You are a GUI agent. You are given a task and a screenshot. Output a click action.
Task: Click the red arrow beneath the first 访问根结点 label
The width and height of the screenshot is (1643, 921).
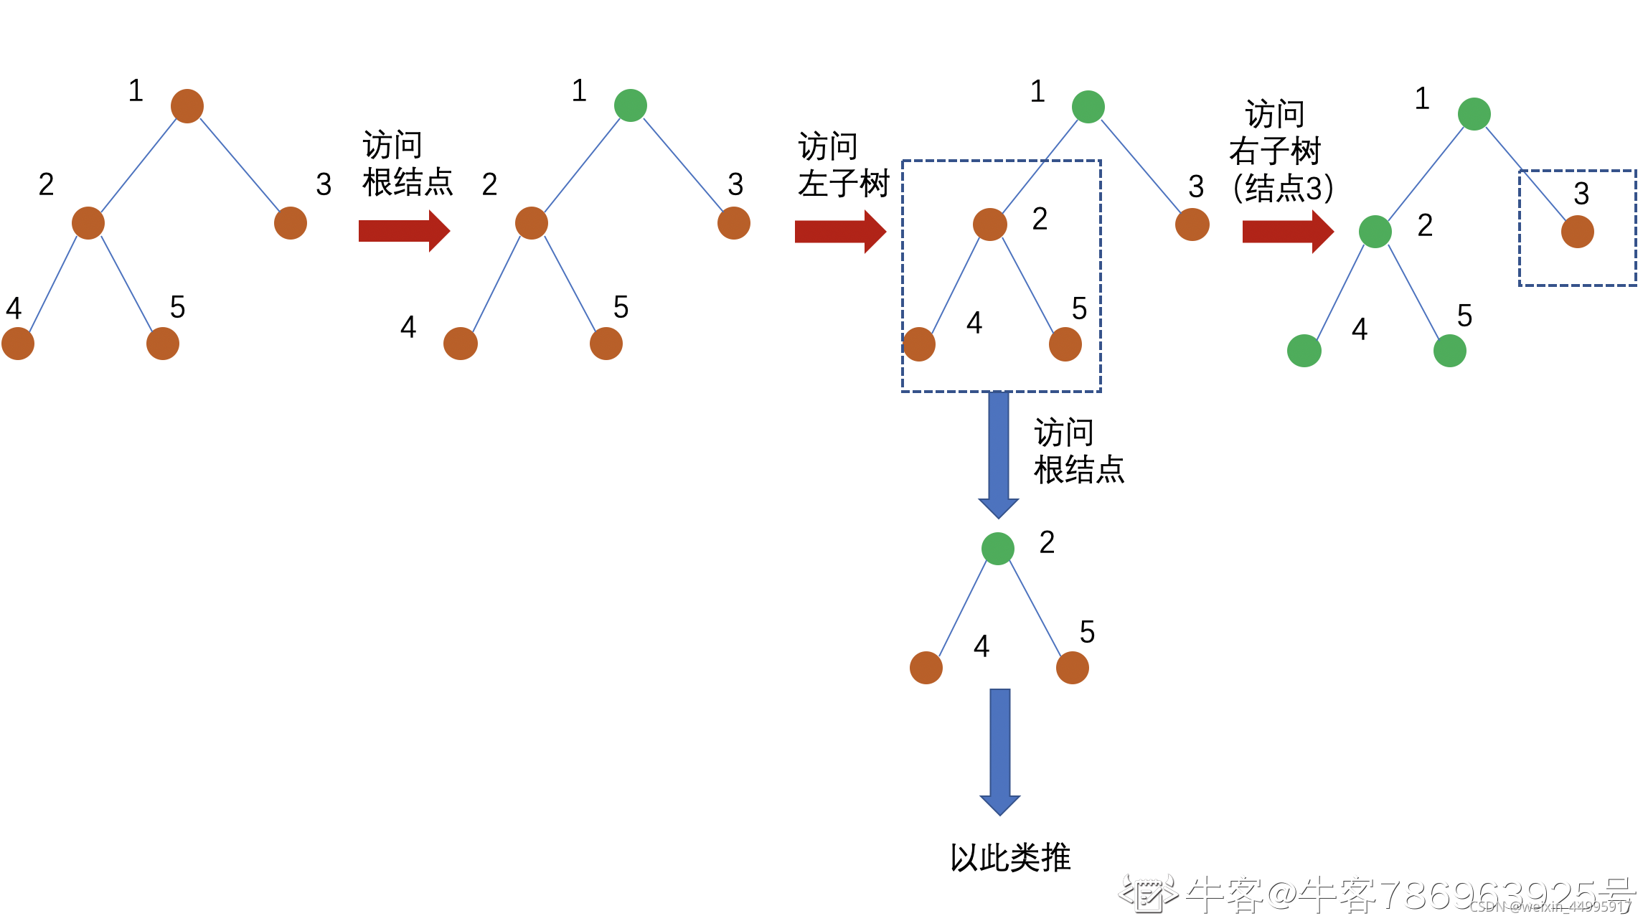tap(404, 231)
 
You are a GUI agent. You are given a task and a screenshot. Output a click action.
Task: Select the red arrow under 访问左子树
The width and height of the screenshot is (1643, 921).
tap(840, 232)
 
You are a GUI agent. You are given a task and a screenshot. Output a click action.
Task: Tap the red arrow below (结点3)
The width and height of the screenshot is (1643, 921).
tap(1287, 232)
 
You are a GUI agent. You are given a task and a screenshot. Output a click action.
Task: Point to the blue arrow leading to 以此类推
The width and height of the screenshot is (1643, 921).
tap(1000, 750)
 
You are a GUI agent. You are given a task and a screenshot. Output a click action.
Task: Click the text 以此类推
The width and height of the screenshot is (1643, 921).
tap(1010, 858)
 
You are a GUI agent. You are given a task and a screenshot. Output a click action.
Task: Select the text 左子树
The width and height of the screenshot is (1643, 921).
tap(844, 184)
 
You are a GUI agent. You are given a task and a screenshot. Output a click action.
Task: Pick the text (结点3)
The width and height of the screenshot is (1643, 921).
tap(1283, 189)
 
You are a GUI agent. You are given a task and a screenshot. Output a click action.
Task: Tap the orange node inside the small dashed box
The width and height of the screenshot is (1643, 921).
tap(1578, 232)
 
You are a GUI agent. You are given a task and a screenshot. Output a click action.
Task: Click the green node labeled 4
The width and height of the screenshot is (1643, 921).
tap(1304, 351)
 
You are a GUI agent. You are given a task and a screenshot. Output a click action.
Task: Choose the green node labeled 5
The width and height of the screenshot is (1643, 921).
tap(1450, 351)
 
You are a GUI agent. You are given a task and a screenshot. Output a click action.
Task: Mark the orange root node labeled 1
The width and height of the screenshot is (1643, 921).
tap(187, 106)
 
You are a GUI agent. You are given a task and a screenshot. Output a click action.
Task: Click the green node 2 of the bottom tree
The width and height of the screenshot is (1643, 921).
tap(998, 549)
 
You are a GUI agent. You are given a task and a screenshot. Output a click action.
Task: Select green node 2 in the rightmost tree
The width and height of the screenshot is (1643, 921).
tap(1375, 232)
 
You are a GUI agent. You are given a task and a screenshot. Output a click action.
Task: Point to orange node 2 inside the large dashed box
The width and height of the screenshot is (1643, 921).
tap(990, 225)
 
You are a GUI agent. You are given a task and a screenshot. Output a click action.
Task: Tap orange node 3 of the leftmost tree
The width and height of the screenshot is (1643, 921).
tap(291, 223)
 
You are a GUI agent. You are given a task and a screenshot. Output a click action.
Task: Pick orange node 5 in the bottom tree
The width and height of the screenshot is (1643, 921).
tap(1073, 668)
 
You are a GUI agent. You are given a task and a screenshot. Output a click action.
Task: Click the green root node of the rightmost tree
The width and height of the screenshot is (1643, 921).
tap(1474, 114)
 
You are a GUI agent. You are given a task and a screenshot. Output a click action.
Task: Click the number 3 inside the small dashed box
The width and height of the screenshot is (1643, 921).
tap(1581, 194)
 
